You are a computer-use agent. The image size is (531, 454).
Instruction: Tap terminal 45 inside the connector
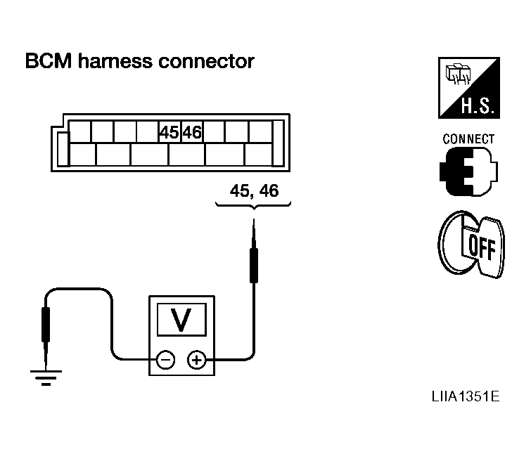click(169, 132)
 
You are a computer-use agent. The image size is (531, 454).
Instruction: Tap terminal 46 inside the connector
click(192, 132)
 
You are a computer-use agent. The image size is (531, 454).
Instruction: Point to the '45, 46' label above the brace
click(253, 190)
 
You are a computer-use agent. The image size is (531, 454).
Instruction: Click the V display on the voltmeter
click(181, 320)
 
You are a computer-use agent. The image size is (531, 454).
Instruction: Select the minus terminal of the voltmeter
click(166, 361)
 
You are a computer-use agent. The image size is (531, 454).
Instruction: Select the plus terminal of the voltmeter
click(197, 361)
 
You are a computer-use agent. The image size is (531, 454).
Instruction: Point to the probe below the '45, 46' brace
click(254, 253)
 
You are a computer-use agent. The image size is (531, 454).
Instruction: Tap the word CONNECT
click(468, 139)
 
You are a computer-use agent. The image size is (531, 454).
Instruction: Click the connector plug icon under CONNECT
click(467, 171)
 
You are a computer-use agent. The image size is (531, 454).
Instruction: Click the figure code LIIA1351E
click(466, 396)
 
